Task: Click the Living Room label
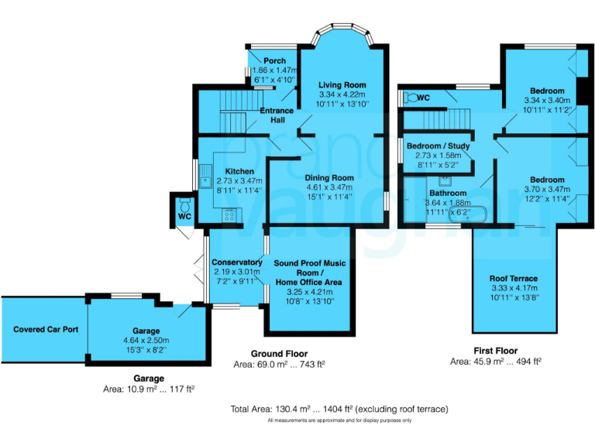pos(342,85)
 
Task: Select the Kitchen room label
pos(239,171)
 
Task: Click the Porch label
pos(274,61)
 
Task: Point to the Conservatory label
pos(236,262)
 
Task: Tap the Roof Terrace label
pos(513,279)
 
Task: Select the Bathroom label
pos(448,193)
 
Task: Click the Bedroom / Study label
pos(438,146)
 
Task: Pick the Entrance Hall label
pos(277,115)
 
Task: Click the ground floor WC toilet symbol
pos(184,205)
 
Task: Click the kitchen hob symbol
pos(230,216)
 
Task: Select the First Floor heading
pos(495,351)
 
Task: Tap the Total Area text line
pos(340,408)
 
